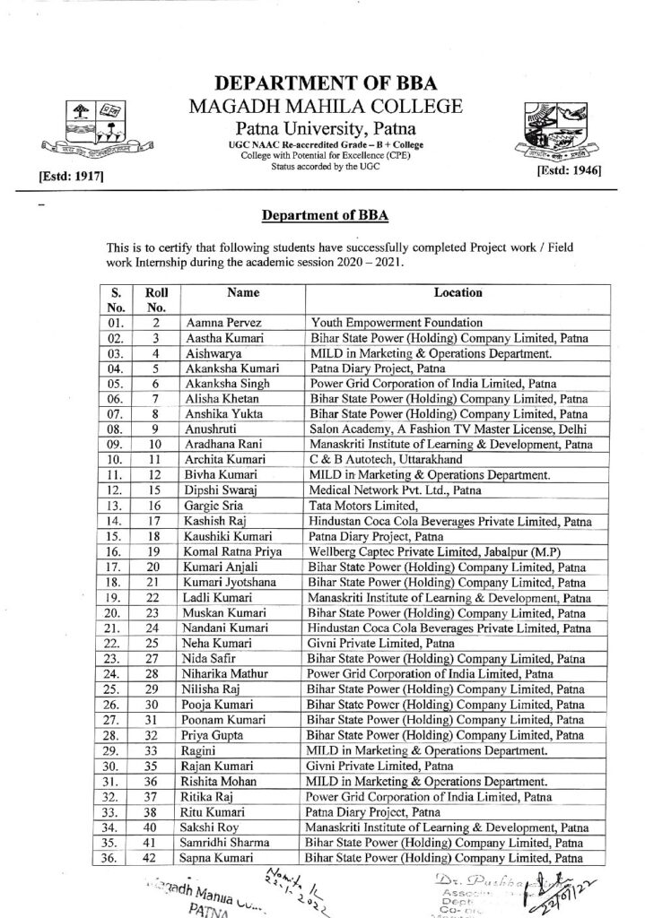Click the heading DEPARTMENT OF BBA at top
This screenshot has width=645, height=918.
327,83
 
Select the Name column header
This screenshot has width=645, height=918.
242,292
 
